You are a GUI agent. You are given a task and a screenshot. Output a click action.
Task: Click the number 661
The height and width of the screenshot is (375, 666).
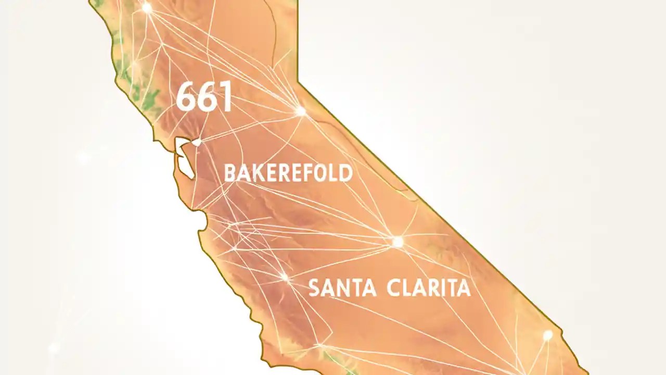(204, 97)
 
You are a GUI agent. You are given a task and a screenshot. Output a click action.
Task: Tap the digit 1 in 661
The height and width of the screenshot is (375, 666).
(226, 97)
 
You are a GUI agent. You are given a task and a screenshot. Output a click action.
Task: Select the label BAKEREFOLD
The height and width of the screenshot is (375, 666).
(288, 173)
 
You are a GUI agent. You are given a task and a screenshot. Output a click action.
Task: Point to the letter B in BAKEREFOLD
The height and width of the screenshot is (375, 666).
(229, 173)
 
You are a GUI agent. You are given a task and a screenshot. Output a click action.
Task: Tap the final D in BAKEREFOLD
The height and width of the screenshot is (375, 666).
(345, 173)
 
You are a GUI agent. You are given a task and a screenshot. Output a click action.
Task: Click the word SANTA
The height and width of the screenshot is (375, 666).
(342, 288)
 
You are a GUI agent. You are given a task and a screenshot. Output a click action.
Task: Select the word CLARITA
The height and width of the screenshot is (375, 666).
(429, 288)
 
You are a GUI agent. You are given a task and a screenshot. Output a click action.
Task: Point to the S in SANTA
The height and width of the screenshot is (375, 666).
(314, 288)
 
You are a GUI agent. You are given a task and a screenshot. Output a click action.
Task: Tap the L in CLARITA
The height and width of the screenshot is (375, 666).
(408, 288)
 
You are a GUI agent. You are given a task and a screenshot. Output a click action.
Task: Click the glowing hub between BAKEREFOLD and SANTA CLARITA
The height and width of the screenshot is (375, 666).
(398, 242)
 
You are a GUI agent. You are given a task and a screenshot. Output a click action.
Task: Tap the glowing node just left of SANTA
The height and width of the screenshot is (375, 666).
(285, 277)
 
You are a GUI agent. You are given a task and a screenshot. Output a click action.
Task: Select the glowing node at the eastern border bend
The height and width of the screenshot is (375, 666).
(300, 110)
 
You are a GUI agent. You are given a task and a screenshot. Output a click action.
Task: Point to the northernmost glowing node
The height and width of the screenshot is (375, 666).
(147, 8)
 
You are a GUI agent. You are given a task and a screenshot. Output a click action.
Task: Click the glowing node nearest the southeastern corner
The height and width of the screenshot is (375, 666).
(547, 335)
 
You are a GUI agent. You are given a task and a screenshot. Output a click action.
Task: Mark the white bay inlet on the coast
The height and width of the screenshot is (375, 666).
(183, 156)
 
